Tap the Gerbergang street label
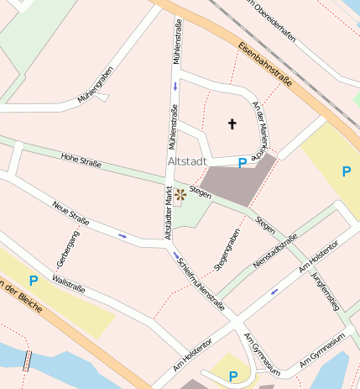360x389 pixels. tap(61, 250)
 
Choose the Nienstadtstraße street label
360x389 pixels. tap(275, 252)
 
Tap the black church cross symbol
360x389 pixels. tap(232, 124)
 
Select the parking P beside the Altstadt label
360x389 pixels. tap(243, 163)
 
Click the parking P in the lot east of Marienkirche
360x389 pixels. tap(347, 171)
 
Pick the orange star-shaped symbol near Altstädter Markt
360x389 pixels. tap(180, 196)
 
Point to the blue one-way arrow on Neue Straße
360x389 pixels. tap(123, 236)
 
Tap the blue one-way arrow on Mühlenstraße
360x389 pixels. tap(175, 87)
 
